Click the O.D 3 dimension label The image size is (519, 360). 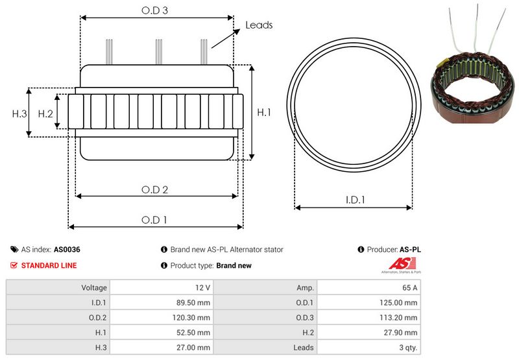coord(154,10)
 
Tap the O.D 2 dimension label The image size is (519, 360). coord(154,189)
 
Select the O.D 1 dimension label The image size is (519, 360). coord(154,220)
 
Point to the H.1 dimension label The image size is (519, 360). coord(264,112)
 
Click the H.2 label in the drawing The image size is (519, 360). coord(45,114)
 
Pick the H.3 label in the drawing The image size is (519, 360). coord(19,114)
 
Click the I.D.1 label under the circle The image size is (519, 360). coord(355,200)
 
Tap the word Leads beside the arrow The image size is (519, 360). coord(259,25)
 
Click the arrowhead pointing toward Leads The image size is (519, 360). coord(237,31)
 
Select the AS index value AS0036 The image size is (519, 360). coord(67,250)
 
